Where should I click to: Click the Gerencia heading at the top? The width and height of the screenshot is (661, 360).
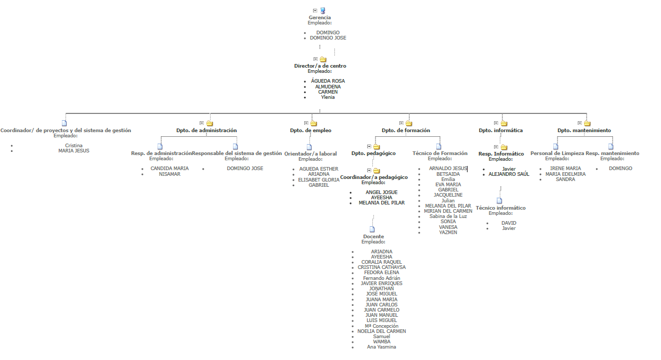[319, 18]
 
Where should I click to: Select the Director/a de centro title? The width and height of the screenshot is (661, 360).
[320, 66]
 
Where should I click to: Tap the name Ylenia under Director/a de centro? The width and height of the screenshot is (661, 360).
[328, 97]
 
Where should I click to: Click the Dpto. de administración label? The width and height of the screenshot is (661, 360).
[206, 131]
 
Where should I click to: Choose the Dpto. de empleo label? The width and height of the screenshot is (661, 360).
[310, 131]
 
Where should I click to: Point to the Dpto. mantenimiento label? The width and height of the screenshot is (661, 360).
[584, 131]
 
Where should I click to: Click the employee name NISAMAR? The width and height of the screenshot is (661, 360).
[170, 174]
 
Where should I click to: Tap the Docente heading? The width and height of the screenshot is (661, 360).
[373, 237]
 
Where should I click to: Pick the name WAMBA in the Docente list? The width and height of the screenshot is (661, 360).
[382, 342]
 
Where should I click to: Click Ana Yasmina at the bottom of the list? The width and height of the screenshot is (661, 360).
[381, 347]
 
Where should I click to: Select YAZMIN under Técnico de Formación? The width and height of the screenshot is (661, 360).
[448, 233]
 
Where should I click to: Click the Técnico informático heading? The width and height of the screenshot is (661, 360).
[500, 208]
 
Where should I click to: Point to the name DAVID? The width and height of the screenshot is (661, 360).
[509, 223]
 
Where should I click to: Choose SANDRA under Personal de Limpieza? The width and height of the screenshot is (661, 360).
[565, 179]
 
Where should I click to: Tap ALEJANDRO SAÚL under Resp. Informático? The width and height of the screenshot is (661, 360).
[509, 174]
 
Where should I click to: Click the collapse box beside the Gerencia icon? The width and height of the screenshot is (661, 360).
[315, 10]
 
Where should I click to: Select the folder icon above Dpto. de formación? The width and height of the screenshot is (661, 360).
[409, 123]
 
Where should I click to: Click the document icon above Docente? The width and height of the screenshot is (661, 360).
[372, 229]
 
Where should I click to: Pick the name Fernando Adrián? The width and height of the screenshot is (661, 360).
[381, 278]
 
